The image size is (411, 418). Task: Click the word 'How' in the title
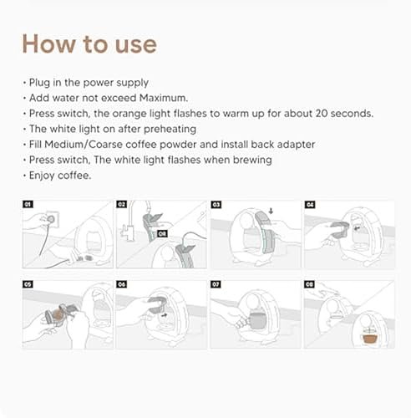49,43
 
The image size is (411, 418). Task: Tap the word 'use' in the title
136,46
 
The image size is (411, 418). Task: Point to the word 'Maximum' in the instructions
163,98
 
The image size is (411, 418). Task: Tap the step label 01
28,204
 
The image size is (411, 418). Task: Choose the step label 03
216,205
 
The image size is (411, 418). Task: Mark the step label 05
28,284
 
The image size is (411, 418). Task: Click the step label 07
216,284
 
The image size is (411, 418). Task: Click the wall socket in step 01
51,219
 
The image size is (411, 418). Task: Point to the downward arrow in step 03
271,211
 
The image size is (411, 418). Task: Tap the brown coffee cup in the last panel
370,338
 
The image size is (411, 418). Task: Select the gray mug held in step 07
256,320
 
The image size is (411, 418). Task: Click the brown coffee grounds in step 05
58,315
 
